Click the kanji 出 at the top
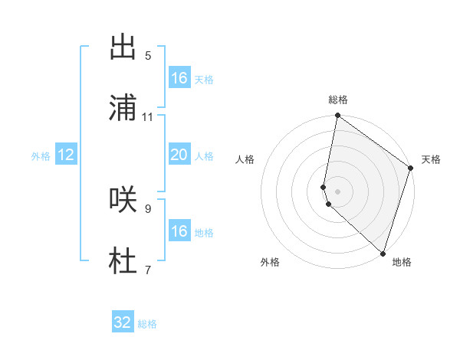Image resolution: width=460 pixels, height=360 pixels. click(x=123, y=47)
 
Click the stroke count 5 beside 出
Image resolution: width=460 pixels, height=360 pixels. click(x=147, y=55)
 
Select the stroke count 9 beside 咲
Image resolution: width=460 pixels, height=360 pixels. click(x=147, y=208)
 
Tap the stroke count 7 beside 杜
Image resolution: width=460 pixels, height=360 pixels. click(x=147, y=269)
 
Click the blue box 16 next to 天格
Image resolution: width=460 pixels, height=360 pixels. click(x=179, y=78)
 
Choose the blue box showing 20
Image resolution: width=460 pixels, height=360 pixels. click(x=179, y=155)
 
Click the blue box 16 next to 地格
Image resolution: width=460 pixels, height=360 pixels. click(x=179, y=231)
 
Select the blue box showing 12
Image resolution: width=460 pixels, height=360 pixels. click(x=66, y=155)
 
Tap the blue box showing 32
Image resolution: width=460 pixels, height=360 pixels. click(x=123, y=322)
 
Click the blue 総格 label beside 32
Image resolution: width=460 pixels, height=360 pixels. click(x=147, y=324)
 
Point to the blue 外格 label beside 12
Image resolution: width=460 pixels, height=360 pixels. click(x=41, y=156)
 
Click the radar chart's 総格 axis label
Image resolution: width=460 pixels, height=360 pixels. click(x=338, y=100)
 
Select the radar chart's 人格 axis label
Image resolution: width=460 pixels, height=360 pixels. click(x=245, y=159)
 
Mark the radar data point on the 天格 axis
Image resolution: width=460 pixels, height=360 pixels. click(x=411, y=169)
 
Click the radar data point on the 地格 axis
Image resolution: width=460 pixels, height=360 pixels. click(x=383, y=253)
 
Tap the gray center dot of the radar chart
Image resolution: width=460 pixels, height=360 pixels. click(x=338, y=191)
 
